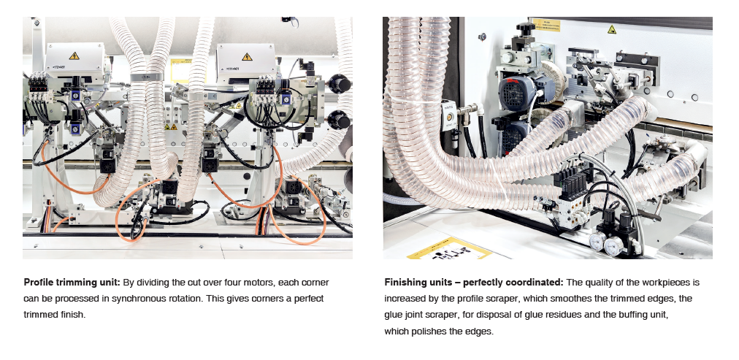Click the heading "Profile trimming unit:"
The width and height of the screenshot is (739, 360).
pyautogui.click(x=72, y=283)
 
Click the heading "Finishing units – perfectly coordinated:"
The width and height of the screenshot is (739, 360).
pyautogui.click(x=474, y=283)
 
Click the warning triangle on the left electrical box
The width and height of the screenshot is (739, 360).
pyautogui.click(x=74, y=56)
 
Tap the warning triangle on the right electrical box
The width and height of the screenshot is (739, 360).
pyautogui.click(x=247, y=56)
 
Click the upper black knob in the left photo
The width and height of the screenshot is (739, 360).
pyautogui.click(x=340, y=84)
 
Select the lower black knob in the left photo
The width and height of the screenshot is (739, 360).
pyautogui.click(x=339, y=120)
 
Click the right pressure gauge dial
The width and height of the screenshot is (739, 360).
pyautogui.click(x=614, y=246)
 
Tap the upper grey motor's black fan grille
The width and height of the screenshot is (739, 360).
pyautogui.click(x=513, y=93)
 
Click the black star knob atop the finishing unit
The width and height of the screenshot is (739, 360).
pyautogui.click(x=526, y=28)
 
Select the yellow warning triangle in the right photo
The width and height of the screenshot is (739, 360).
pyautogui.click(x=612, y=30)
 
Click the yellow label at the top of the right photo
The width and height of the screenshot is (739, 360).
pyautogui.click(x=545, y=25)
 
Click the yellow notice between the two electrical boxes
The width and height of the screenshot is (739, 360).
pyautogui.click(x=181, y=71)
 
